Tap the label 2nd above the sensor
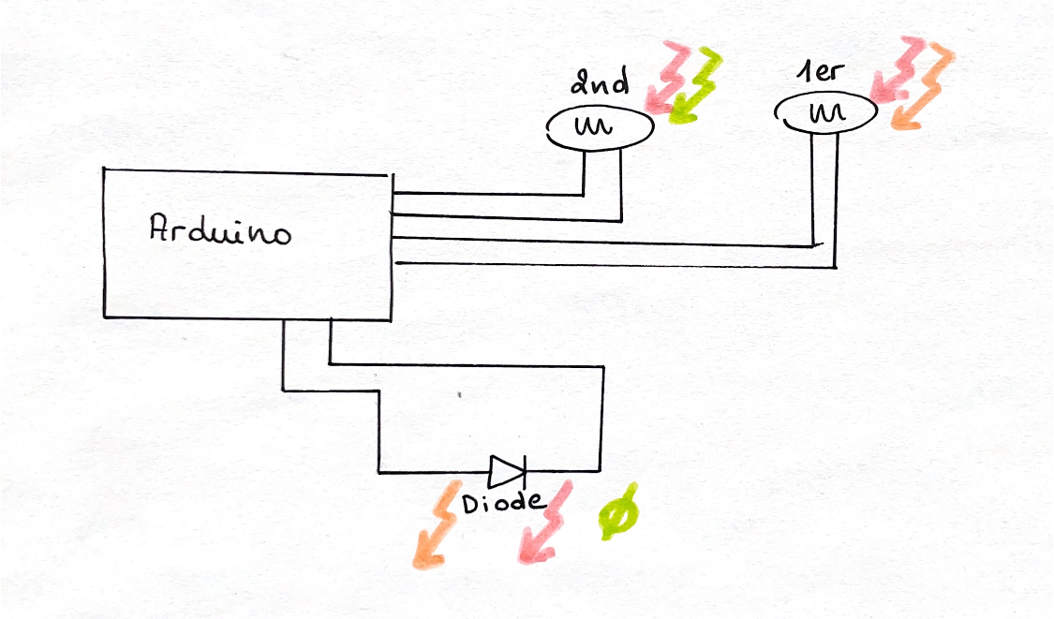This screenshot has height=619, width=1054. [600, 87]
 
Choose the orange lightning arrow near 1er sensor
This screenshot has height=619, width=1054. [923, 89]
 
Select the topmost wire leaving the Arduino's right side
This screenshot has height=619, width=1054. [487, 195]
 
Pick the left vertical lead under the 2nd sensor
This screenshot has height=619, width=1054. [585, 172]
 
